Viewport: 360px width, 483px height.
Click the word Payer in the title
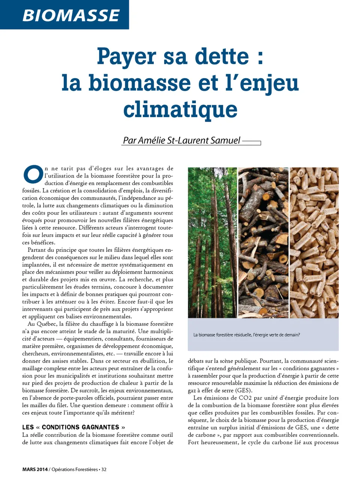(126, 57)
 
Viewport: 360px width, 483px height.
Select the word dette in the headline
(222, 57)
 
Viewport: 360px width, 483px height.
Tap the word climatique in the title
(180, 109)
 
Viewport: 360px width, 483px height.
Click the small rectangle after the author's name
(252, 143)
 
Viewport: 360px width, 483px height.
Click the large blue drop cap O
(33, 174)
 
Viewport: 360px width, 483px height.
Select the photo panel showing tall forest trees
(212, 242)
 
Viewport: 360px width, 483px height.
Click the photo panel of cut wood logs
(264, 242)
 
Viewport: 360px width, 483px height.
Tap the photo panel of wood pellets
(314, 242)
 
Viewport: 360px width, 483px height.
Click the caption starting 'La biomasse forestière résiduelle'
(246, 335)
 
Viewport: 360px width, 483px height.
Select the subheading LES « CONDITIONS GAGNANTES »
(73, 427)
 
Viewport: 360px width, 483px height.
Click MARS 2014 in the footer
(35, 469)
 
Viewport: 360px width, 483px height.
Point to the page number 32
(104, 469)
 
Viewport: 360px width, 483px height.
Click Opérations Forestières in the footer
(74, 469)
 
